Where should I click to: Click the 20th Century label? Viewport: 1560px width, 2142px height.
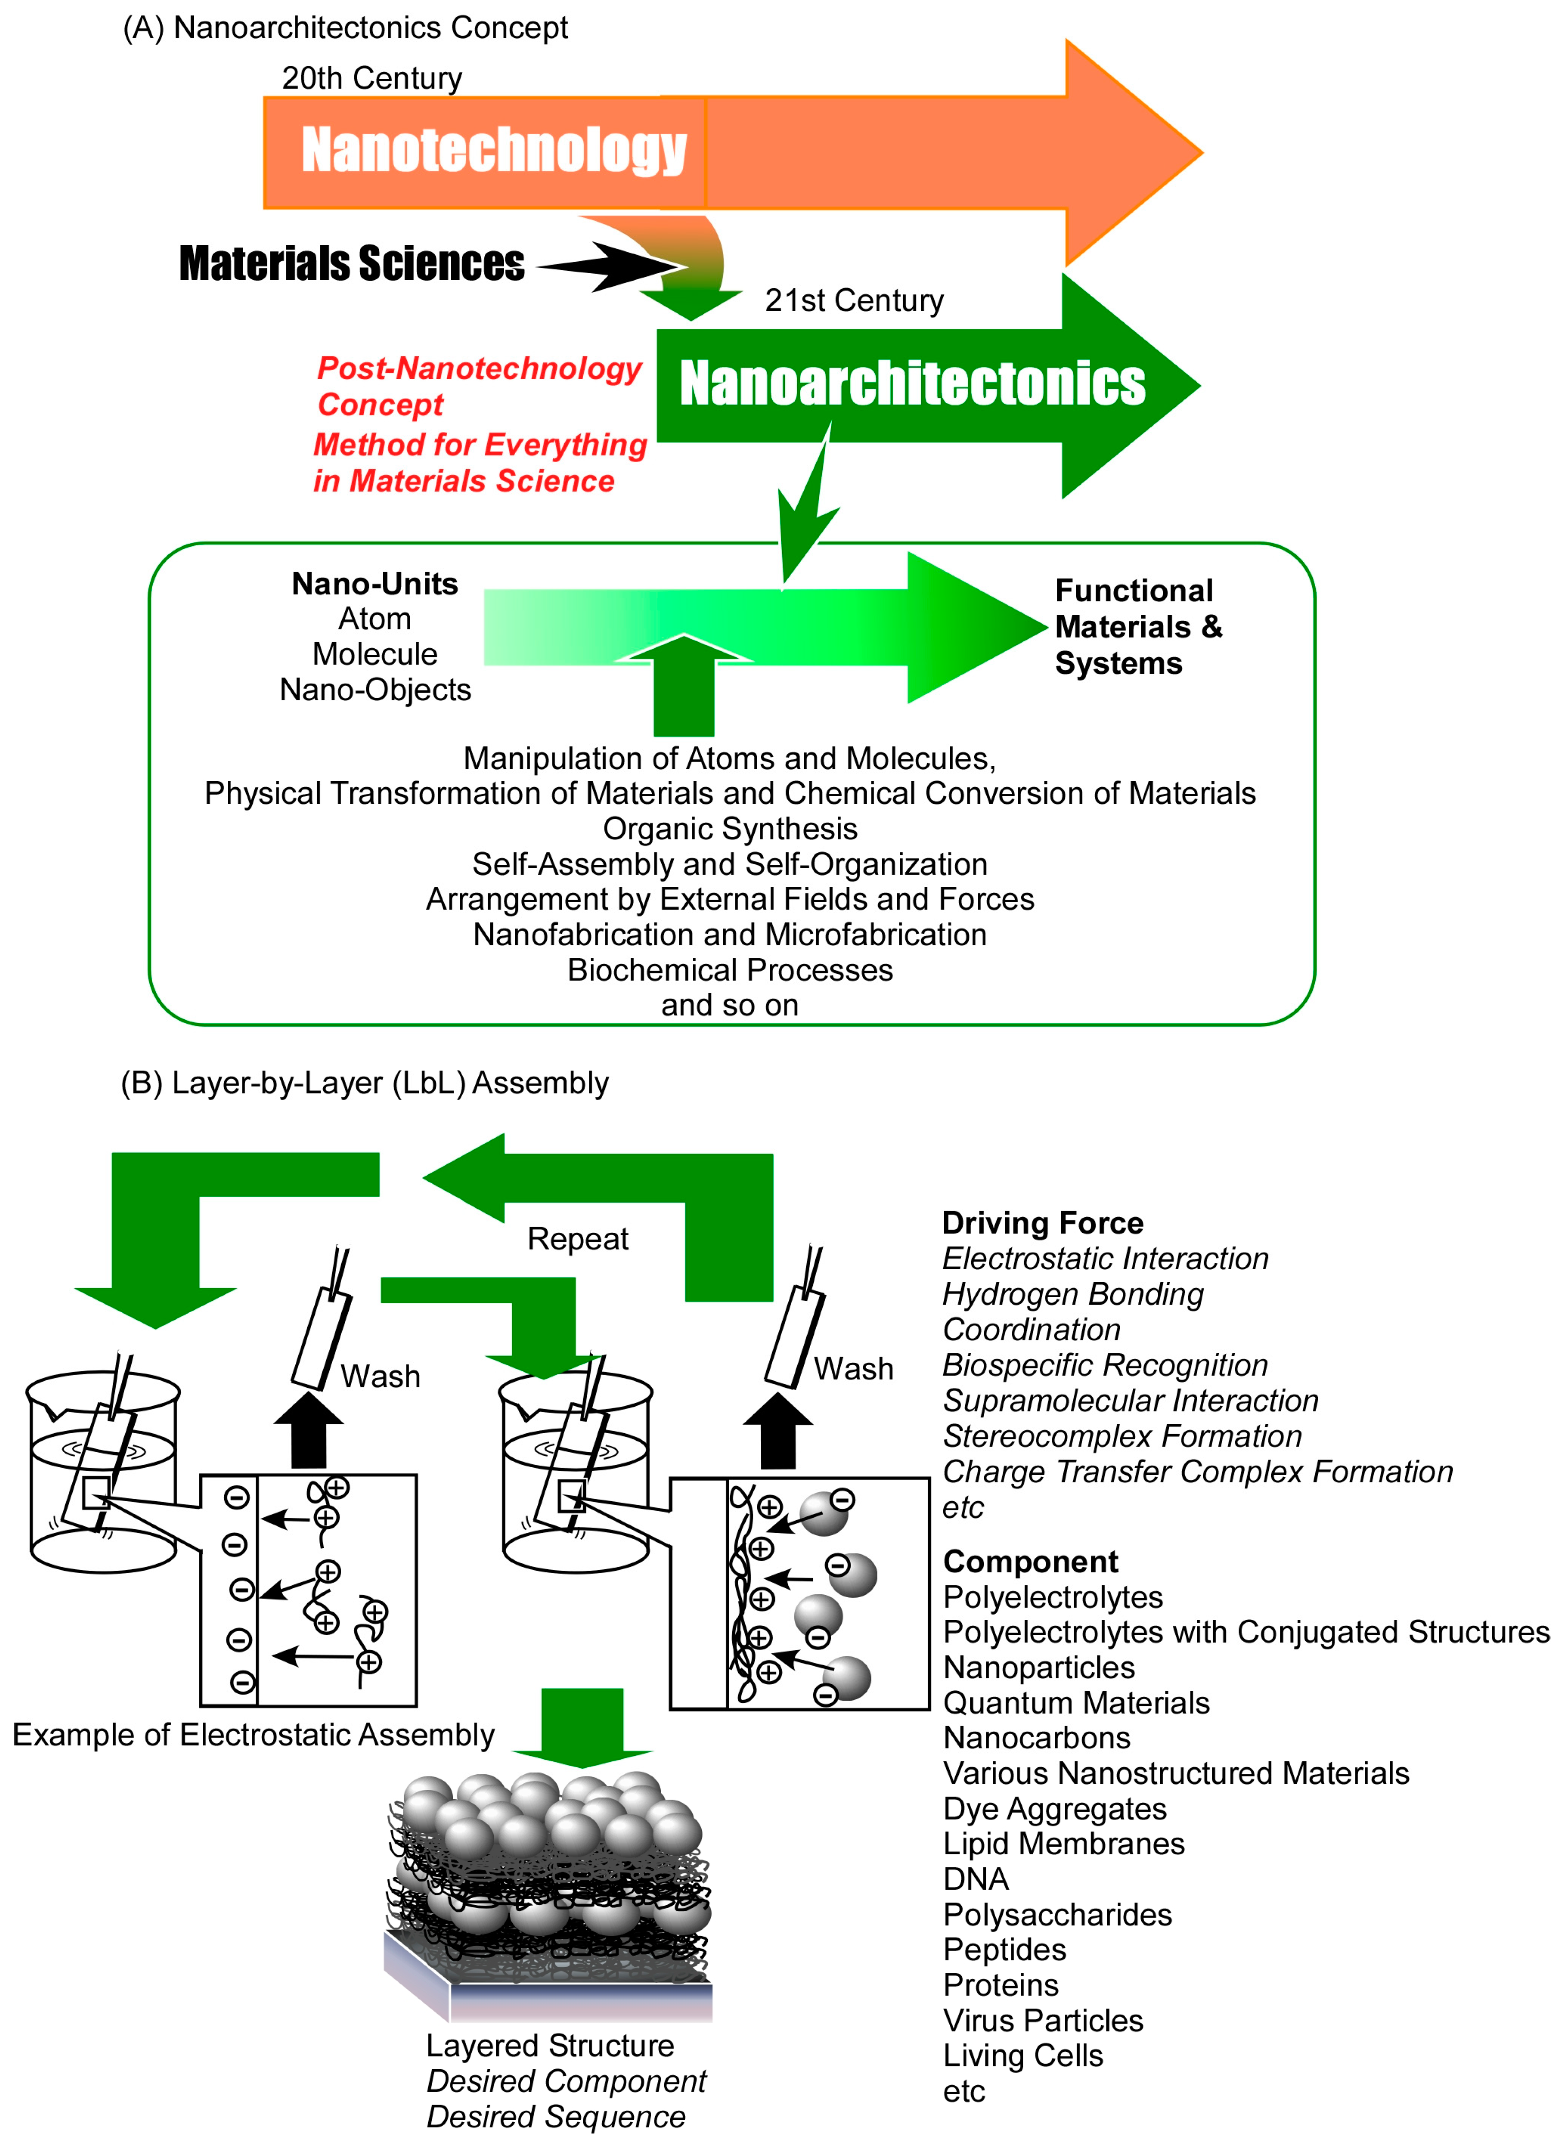click(x=372, y=78)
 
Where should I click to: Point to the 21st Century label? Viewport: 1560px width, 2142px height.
click(x=853, y=301)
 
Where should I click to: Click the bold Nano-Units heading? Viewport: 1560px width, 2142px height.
click(x=375, y=584)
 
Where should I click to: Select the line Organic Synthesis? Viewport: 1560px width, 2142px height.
click(x=730, y=828)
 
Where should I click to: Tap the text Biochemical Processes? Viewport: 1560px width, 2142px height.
click(x=730, y=970)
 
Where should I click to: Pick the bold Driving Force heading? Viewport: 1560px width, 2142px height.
click(x=1043, y=1223)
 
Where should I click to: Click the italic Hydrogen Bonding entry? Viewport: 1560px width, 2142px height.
click(x=1073, y=1294)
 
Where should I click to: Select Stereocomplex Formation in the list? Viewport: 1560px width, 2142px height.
click(x=1122, y=1436)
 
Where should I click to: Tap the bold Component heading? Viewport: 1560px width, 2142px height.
click(x=1030, y=1561)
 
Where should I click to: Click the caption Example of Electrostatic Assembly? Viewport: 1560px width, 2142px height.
click(x=253, y=1734)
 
